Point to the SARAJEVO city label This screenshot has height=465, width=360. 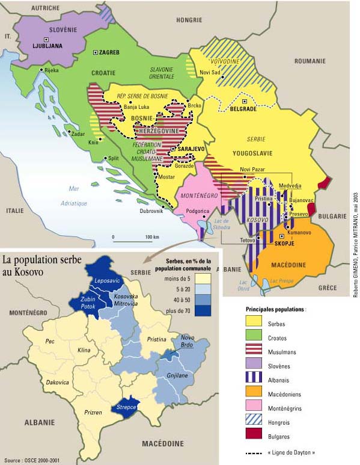pyautogui.click(x=189, y=149)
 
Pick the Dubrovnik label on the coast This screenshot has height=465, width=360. pyautogui.click(x=151, y=211)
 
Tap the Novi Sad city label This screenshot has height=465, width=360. pyautogui.click(x=210, y=72)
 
